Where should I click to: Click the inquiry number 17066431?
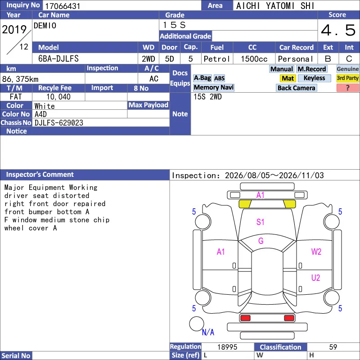[x=63, y=6]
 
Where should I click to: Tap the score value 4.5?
[x=338, y=30]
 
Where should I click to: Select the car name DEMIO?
[x=45, y=26]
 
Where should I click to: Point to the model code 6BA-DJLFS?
[x=58, y=59]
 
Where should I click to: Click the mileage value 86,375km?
[x=20, y=79]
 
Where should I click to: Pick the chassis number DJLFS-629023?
[x=59, y=123]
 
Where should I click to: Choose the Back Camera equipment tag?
[x=296, y=88]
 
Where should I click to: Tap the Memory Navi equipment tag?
[x=213, y=87]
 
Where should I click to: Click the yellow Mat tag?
[x=288, y=78]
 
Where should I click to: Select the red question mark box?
[x=347, y=88]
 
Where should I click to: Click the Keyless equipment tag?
[x=314, y=78]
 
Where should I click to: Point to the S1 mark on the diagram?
[x=260, y=222]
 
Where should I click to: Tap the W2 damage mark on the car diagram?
[x=316, y=252]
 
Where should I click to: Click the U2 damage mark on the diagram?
[x=316, y=278]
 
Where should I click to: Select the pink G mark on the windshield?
[x=261, y=241]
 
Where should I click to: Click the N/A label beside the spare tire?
[x=208, y=332]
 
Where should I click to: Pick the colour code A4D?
[x=40, y=114]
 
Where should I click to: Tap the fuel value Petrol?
[x=217, y=59]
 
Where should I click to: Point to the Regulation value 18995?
[x=227, y=347]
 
